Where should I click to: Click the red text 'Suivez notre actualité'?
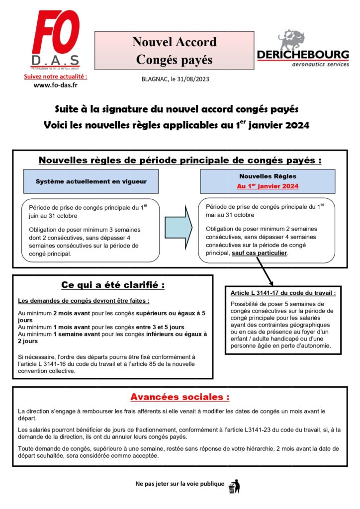pos(55,77)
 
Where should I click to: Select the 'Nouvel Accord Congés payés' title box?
pos(174,51)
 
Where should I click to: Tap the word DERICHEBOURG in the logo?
pos(303,55)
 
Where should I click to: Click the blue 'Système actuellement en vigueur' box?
pos(91,181)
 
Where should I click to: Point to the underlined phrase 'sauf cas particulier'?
pos(260,253)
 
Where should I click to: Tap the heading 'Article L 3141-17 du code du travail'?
pos(283,293)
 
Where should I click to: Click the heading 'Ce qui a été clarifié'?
pos(112,285)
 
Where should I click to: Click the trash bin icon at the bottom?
pos(233,486)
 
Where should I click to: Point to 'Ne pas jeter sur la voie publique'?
pos(180,484)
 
